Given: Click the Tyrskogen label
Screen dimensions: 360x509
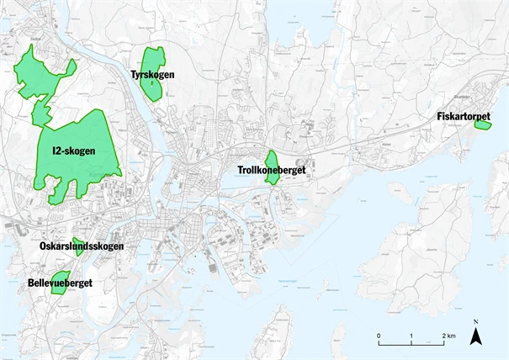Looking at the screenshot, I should tap(152, 76).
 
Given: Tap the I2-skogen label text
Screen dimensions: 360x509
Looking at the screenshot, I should tap(73, 151).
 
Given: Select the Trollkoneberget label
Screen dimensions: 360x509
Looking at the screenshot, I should tap(271, 171).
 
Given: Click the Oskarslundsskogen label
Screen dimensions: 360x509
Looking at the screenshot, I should tap(82, 246).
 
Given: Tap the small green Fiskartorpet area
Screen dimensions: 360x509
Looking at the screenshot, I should tap(482, 125).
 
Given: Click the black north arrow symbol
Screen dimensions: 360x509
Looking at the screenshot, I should tap(475, 337).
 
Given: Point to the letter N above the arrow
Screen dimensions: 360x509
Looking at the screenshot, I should tap(475, 322).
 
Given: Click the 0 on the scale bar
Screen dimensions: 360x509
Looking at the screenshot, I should tap(379, 336).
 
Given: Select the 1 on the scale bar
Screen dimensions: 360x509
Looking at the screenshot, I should tap(411, 336).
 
